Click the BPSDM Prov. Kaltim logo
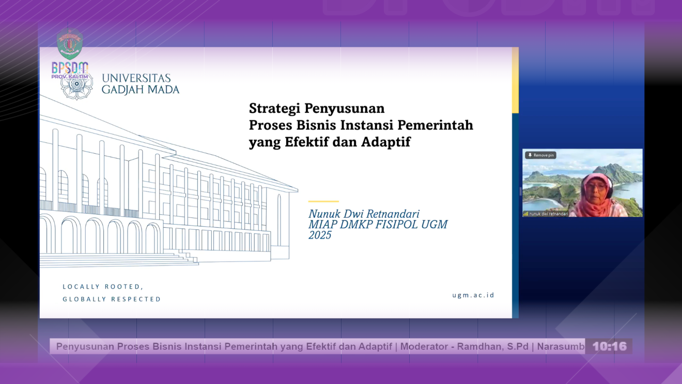70,57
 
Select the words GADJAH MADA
141,90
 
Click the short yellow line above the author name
323,201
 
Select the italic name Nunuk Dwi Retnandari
364,214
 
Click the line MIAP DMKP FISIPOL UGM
378,225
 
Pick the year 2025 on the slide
320,235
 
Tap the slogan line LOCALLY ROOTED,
103,287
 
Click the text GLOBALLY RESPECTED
112,299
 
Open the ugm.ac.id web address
473,295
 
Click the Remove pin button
540,155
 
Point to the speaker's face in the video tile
596,189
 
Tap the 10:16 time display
609,346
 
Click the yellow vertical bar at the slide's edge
515,80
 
